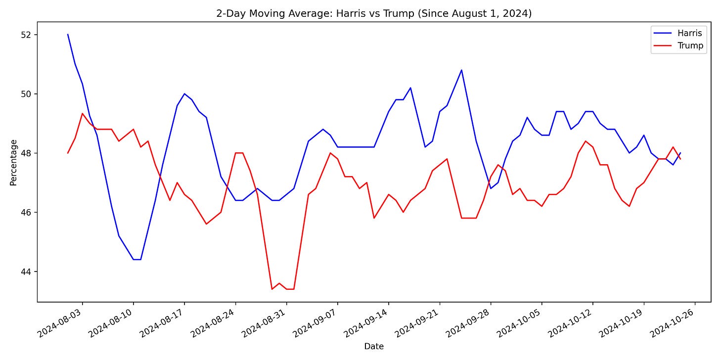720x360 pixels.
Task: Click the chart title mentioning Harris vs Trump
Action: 373,13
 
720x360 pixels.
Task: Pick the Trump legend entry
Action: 690,45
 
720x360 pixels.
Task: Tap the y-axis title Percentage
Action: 13,162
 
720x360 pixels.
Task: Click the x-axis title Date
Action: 373,347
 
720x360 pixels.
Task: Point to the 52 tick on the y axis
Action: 25,35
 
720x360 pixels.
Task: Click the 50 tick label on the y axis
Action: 25,94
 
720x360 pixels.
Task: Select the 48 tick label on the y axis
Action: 25,153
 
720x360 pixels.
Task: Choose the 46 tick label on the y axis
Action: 25,213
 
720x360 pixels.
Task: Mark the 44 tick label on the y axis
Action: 25,271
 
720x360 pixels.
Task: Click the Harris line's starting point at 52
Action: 68,35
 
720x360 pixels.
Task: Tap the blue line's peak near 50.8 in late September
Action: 461,70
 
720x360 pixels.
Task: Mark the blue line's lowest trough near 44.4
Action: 137,260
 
